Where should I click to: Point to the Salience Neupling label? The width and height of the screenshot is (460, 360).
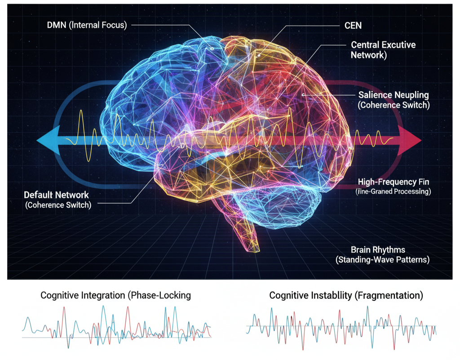tap(394, 95)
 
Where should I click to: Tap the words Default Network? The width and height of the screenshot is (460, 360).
tap(56, 195)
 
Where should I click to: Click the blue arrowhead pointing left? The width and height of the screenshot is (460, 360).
tap(45, 140)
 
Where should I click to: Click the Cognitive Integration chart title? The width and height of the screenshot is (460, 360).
tap(115, 295)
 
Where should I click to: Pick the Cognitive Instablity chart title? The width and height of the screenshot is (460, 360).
tap(346, 295)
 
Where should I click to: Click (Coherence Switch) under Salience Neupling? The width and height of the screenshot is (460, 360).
tap(394, 105)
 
